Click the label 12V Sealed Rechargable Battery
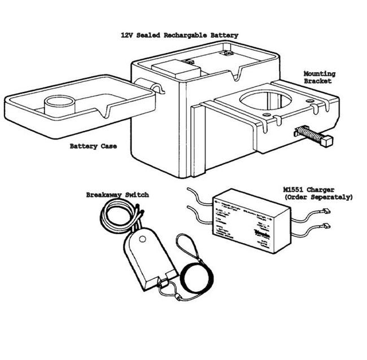coord(179,35)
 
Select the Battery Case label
coord(93,147)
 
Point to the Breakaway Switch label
coord(117,195)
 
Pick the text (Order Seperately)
coord(318,198)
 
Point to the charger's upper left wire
coord(200,197)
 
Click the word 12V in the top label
coord(127,35)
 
